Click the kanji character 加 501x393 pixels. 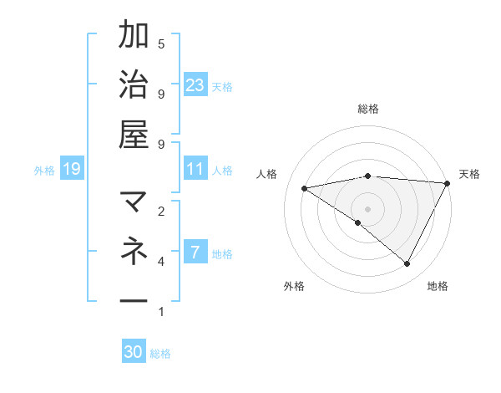pos(134,35)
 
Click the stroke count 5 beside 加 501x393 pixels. pos(161,43)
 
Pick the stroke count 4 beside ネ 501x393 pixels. pos(161,262)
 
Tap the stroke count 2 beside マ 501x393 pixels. pos(161,211)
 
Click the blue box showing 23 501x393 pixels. pos(195,84)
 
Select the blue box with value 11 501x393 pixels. pos(195,169)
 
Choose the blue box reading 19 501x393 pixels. pos(71,170)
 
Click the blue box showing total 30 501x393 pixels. pos(134,352)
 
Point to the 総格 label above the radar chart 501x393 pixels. pos(368,109)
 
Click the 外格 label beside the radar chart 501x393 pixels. pos(294,286)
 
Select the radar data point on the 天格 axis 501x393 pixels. pos(447,184)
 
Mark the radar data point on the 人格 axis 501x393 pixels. pos(305,188)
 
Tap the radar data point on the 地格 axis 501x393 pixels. pos(407,263)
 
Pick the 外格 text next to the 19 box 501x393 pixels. pos(43,171)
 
